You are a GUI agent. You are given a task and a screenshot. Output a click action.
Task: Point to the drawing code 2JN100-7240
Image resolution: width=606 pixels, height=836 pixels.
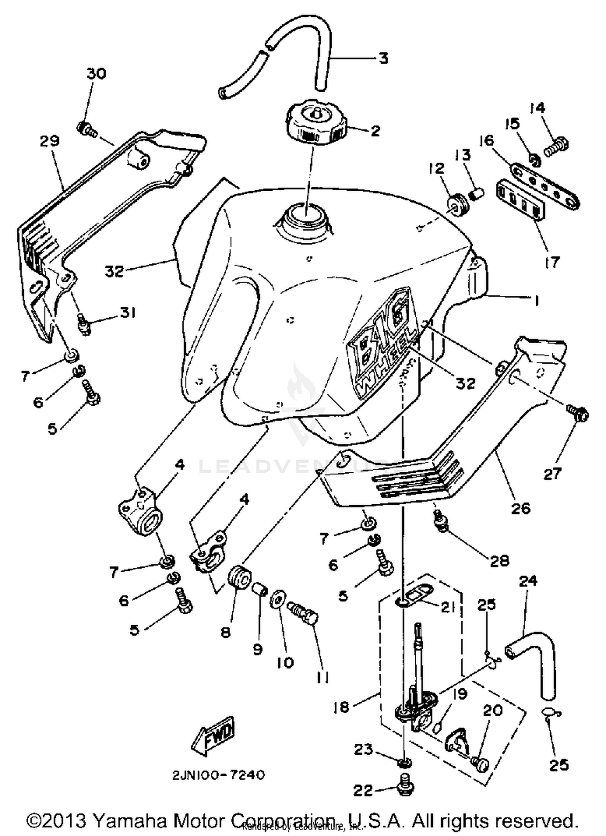coord(219,775)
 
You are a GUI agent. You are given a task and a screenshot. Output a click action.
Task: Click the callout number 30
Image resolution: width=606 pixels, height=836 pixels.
coord(97,74)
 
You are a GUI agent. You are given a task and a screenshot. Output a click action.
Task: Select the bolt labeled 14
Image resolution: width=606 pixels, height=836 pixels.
coord(557,147)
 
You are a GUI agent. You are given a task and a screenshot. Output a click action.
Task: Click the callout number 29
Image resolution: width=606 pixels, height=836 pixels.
coord(50,141)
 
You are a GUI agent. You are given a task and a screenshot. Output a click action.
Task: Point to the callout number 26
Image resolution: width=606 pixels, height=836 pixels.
coord(520,508)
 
